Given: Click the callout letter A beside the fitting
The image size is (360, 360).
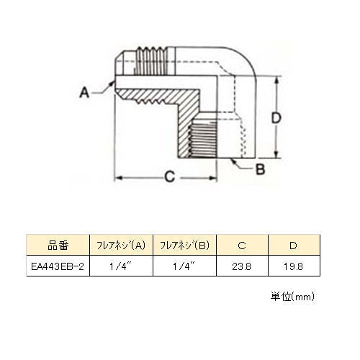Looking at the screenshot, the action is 84,92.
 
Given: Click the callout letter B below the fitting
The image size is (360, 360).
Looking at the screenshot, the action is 260,169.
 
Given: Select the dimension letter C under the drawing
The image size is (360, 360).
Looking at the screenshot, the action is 170,177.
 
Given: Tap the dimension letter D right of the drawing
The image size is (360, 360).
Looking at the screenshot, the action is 276,118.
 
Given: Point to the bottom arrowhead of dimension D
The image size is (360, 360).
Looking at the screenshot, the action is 276,155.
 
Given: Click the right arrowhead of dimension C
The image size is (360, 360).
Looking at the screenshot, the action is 213,178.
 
